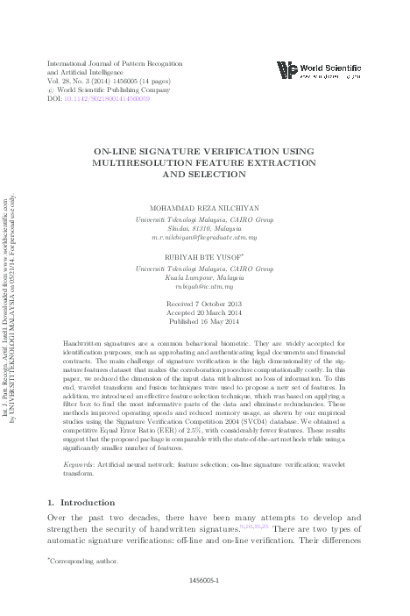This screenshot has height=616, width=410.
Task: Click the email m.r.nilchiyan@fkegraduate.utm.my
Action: coord(204,238)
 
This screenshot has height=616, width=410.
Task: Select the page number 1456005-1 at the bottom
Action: coord(205,604)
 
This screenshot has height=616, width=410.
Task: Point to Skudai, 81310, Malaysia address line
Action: coord(204,227)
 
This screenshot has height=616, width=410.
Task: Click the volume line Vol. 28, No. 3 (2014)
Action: coord(84,80)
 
